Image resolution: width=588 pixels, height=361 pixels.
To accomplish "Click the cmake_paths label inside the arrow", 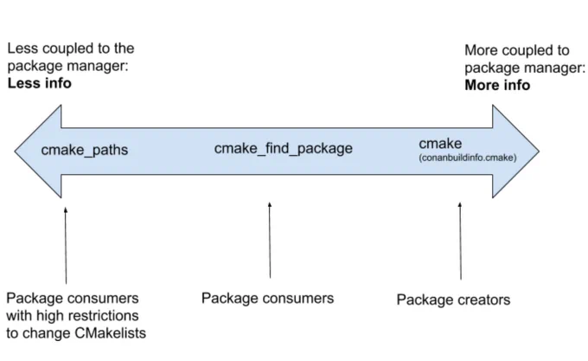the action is click(85, 150).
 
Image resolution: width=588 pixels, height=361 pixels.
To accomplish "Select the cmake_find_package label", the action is click(283, 149).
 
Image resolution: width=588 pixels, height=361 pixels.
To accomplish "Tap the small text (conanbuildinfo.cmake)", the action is click(468, 158).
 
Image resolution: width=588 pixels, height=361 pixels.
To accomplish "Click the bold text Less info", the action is click(40, 83).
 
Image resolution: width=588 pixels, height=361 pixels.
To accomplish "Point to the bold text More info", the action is click(497, 85).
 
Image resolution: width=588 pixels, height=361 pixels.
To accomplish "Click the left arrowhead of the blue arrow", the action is click(38, 151).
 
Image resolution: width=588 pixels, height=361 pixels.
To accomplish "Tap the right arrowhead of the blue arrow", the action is click(515, 151).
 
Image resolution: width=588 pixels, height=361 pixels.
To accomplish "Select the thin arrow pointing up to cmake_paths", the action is click(66, 245).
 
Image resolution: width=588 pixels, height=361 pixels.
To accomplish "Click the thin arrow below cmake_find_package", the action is click(270, 240).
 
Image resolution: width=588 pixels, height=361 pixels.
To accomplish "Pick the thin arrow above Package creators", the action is click(460, 241).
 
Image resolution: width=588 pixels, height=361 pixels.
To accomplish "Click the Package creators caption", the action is click(453, 300).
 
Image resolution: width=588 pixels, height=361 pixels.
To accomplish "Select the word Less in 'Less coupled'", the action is click(21, 48).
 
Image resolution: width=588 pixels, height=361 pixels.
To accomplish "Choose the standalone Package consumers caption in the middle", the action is click(267, 299).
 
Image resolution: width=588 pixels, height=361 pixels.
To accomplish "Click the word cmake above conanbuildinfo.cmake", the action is click(440, 144).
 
